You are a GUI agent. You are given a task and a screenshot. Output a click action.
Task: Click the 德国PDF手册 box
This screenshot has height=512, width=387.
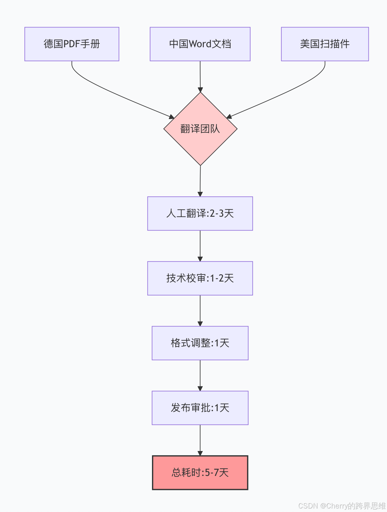coord(72,44)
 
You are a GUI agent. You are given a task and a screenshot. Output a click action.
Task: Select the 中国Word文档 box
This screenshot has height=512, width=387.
coord(200,44)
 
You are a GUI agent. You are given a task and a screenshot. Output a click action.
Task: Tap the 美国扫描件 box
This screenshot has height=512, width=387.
coord(325,44)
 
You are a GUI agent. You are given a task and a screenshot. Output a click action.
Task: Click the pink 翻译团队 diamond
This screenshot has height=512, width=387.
coord(200,129)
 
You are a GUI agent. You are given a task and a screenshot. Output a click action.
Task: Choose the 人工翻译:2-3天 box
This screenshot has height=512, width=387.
coord(200,214)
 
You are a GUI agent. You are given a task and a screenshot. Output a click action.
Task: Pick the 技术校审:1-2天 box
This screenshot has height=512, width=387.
coord(200,278)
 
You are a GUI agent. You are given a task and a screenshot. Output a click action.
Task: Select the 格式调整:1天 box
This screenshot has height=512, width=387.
coord(200,343)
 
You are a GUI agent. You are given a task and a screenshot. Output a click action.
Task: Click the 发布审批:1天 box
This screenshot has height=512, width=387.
coord(200,408)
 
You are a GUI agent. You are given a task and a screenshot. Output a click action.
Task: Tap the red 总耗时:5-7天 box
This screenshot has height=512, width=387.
coord(200,473)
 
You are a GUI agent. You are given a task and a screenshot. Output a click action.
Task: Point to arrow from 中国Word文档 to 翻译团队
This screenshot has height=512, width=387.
coord(200,77)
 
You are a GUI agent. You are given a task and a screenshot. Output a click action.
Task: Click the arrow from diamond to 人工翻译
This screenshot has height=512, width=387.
coord(200,181)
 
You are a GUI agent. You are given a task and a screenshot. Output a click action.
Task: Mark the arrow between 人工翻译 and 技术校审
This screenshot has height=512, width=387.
coord(200,246)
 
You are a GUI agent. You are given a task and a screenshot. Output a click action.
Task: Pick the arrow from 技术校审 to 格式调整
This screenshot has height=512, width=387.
coord(200,311)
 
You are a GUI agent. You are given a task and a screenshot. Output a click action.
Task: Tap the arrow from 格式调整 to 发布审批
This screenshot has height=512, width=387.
coord(200,375)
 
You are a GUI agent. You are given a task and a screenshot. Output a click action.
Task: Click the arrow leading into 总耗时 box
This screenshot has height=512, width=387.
coord(200,440)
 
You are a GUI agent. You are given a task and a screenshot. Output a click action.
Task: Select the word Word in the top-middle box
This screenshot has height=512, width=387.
coord(200,44)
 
